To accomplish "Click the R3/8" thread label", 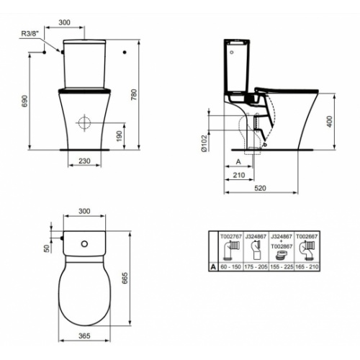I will tap(30, 32).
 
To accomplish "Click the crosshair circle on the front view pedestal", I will tap(84, 122).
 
